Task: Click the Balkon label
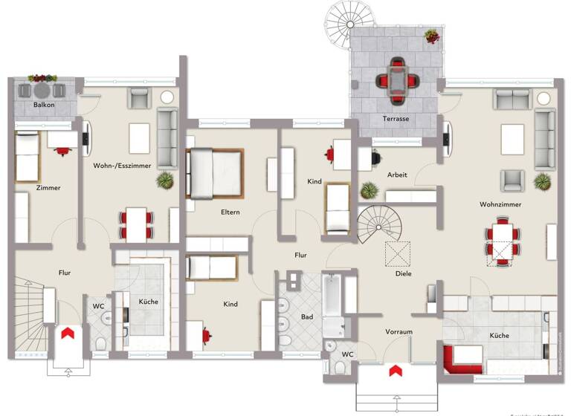[x=43, y=105]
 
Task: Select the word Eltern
[x=229, y=212]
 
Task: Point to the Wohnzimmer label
[x=500, y=204]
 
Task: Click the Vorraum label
[x=399, y=331]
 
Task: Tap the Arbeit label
[x=397, y=175]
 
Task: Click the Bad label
[x=307, y=317]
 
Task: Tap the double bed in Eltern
[x=215, y=173]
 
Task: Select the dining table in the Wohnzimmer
[x=503, y=240]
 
